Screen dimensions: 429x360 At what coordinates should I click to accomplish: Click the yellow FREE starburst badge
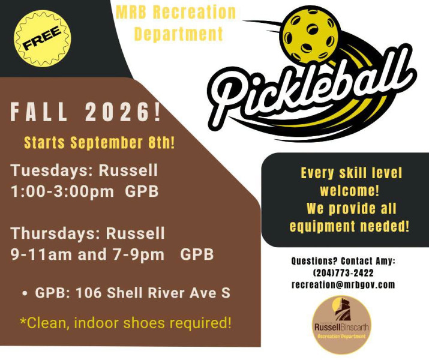[43, 38]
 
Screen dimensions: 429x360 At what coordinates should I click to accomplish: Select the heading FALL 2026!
[86, 112]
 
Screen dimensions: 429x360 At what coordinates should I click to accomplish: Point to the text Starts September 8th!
[100, 143]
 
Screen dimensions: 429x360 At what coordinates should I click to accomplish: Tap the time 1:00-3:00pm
[62, 191]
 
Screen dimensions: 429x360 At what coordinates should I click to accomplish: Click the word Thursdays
[56, 233]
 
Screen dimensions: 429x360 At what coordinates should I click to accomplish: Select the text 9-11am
[41, 254]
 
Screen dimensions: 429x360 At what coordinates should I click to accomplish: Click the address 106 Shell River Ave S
[153, 293]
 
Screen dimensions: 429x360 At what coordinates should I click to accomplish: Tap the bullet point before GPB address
[25, 293]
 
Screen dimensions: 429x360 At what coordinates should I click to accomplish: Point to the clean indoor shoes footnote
[125, 323]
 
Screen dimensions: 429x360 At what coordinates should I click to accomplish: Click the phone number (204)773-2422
[343, 273]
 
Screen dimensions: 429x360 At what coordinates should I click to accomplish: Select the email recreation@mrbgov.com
[343, 285]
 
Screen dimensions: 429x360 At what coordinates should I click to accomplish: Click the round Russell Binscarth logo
[342, 325]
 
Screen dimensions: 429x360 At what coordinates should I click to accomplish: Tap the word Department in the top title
[179, 34]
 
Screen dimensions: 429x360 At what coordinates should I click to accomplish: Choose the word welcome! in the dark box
[350, 191]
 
